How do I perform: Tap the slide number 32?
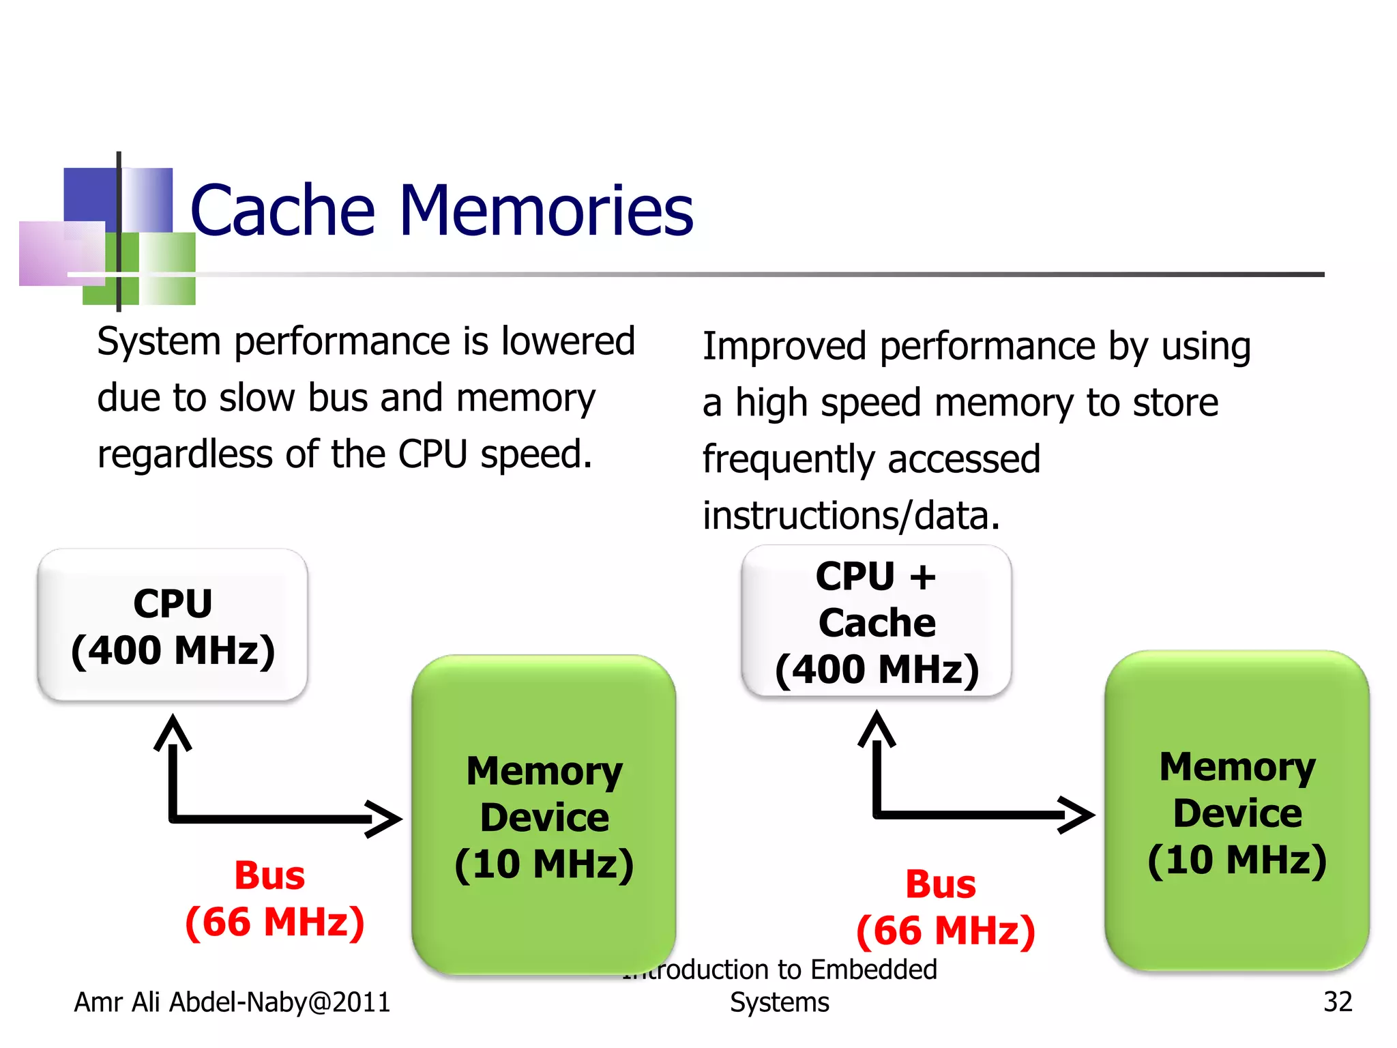(x=1337, y=1002)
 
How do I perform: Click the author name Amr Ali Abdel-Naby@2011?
(x=232, y=1002)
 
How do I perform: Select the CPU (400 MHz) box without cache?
(x=173, y=625)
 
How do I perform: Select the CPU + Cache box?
(x=877, y=621)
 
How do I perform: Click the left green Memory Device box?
(x=544, y=815)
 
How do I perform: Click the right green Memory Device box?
(x=1237, y=811)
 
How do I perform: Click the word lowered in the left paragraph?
(x=568, y=340)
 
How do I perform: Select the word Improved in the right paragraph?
(x=784, y=346)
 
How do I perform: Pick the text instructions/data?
(x=851, y=515)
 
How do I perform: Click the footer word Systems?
(x=779, y=1002)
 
